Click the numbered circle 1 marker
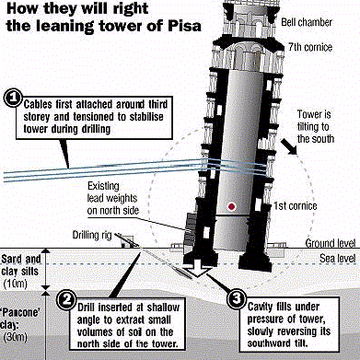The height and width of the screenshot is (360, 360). [x=13, y=99]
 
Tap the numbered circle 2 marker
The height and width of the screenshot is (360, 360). [x=66, y=299]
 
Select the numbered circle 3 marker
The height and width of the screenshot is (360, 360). [x=237, y=298]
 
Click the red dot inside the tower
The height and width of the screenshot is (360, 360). [x=231, y=206]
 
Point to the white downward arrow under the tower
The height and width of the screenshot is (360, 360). [x=197, y=268]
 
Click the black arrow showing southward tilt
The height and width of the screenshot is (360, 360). [x=288, y=146]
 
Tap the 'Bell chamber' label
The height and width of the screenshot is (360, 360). [x=307, y=22]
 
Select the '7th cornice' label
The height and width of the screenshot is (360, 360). [x=310, y=47]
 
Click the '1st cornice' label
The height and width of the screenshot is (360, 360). [x=296, y=205]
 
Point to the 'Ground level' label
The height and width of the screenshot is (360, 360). [x=331, y=243]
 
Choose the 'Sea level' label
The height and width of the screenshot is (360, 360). [x=338, y=259]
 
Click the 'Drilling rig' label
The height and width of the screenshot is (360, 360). [x=92, y=236]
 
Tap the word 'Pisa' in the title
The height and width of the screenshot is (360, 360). [x=185, y=25]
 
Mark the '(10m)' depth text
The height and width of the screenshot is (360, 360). [x=16, y=284]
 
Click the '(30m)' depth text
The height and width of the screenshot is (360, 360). [x=16, y=337]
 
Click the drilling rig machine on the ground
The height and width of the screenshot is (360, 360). [x=127, y=241]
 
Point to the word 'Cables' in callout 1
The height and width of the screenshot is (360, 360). [x=38, y=104]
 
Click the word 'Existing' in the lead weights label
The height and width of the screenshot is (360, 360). [x=103, y=186]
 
